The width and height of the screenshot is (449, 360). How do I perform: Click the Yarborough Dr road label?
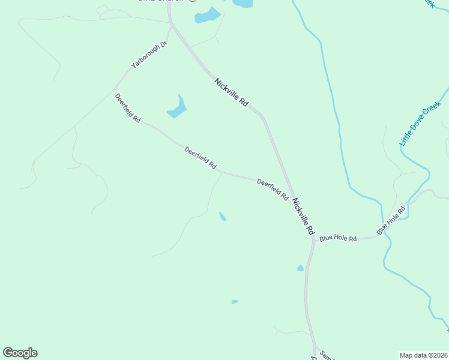tap(148, 55)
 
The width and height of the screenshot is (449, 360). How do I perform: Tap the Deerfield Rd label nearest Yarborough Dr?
tap(127, 108)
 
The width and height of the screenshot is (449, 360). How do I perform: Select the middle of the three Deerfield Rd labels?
tap(200, 157)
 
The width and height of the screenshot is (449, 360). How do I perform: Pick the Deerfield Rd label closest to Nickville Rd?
tap(273, 189)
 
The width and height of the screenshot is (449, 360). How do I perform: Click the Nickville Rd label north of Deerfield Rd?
tap(231, 93)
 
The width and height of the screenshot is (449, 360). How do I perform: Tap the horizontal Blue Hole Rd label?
tap(338, 238)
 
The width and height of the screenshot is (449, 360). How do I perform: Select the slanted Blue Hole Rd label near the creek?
tap(391, 220)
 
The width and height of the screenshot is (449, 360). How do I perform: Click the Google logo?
tap(20, 353)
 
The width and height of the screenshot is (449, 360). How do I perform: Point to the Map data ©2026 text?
tap(423, 355)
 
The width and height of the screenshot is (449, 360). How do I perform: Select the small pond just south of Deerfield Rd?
tap(223, 217)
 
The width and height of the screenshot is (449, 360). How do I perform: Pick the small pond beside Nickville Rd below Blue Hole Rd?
tap(300, 268)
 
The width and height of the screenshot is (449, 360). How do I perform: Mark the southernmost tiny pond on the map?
tap(235, 302)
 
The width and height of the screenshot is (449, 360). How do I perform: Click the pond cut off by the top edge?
tap(243, 3)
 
